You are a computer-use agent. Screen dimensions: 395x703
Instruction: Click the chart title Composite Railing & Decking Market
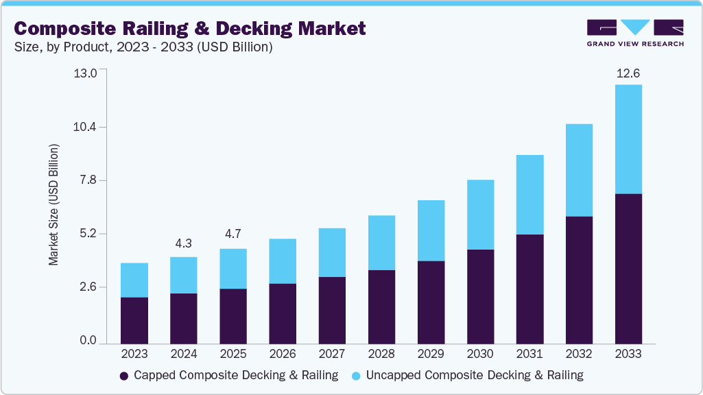[x=189, y=28]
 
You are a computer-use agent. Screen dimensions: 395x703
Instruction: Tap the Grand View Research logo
[x=634, y=33]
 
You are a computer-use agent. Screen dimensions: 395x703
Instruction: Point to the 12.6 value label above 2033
[x=628, y=73]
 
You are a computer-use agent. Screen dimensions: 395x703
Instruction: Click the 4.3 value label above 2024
[x=184, y=243]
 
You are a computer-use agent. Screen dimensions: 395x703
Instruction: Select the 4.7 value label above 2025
[x=233, y=235]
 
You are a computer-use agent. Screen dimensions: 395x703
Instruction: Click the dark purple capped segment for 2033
[x=628, y=268]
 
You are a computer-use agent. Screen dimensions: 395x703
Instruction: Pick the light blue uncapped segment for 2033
[x=628, y=139]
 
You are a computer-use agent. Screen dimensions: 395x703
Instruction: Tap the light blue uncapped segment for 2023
[x=134, y=280]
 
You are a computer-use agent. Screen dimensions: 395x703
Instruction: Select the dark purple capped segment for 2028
[x=381, y=306]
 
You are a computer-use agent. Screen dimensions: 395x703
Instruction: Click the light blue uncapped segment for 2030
[x=480, y=215]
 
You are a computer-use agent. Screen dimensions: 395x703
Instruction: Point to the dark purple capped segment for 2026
[x=283, y=313]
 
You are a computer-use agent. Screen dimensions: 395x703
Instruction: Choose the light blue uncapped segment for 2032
[x=579, y=170]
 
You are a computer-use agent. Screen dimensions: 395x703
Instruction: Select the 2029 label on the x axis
[x=431, y=354]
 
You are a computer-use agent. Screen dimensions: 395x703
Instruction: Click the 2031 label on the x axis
[x=529, y=354]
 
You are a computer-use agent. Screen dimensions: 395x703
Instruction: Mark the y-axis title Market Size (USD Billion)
[x=54, y=205]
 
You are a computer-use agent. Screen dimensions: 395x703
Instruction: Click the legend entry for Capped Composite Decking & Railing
[x=229, y=375]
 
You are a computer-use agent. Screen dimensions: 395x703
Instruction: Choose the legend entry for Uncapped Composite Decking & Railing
[x=467, y=375]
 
